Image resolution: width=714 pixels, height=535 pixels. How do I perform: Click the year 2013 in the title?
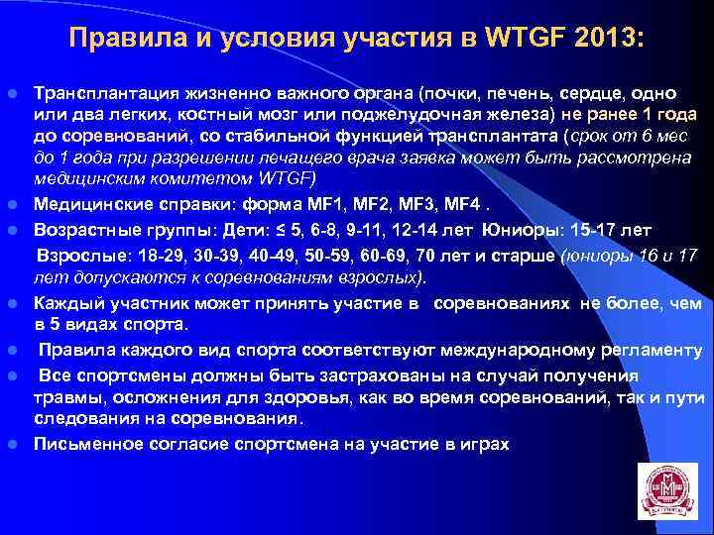pos(607,38)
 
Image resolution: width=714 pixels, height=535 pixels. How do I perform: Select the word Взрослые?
pos(75,253)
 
